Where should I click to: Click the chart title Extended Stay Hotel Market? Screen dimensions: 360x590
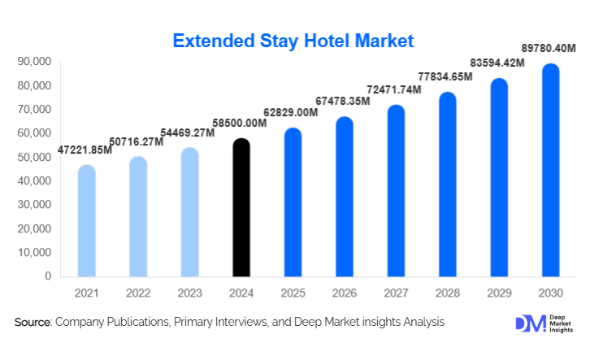(x=294, y=40)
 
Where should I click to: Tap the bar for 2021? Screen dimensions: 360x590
(x=86, y=221)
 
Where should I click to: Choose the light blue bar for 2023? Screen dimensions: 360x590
(x=189, y=212)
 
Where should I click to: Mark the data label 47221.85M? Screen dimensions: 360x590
(x=85, y=150)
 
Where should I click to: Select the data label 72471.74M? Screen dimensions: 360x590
(x=394, y=88)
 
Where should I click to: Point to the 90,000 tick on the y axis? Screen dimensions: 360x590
(x=34, y=62)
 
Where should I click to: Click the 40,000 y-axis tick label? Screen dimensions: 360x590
(x=34, y=181)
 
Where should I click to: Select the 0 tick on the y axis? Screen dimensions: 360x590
(x=48, y=276)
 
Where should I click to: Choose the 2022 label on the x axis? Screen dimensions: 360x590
(x=137, y=293)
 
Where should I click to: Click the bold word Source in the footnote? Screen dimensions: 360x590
(x=33, y=323)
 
